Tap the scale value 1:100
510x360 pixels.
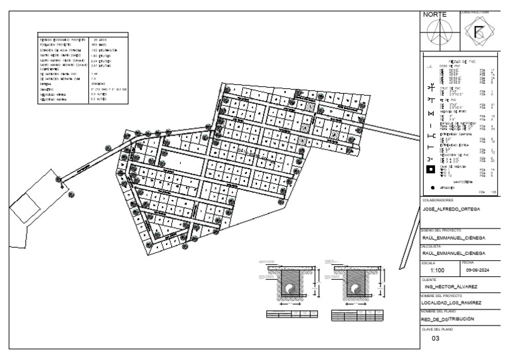pos(438,271)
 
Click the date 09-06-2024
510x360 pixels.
pos(477,271)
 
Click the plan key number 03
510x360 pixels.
pos(436,338)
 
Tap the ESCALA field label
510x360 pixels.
pos(428,262)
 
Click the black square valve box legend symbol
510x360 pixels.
pos(430,170)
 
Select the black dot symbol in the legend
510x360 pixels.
pos(430,188)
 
